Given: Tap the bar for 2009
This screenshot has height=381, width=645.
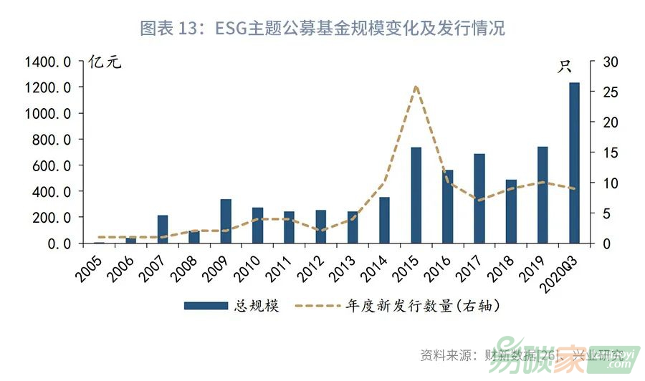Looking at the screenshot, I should (226, 221).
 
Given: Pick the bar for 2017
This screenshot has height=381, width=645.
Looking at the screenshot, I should (479, 198).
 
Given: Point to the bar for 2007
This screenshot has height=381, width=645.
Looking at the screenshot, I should (163, 229).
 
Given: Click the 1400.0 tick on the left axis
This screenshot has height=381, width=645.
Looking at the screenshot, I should (48, 62).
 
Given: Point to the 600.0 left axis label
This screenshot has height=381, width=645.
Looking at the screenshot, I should (52, 165).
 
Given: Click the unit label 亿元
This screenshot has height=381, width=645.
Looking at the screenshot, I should (105, 62).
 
